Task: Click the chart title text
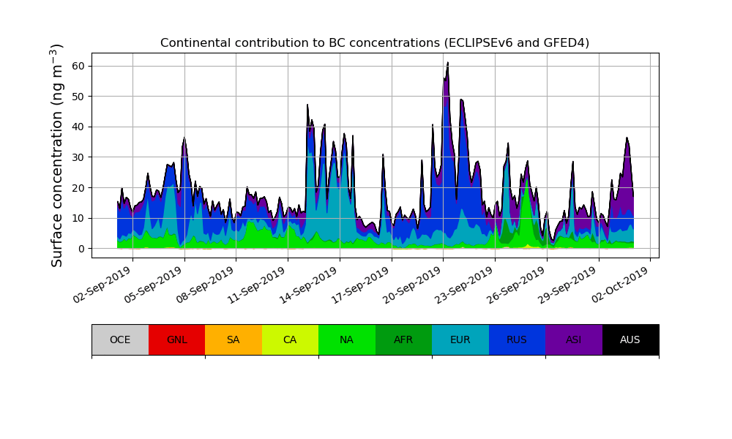[x=375, y=43]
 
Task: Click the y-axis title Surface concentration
[x=56, y=155]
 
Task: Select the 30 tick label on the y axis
[x=77, y=157]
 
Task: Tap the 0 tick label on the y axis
[x=80, y=249]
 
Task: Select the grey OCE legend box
[x=120, y=339]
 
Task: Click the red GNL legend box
[x=176, y=339]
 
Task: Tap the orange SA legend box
[x=234, y=339]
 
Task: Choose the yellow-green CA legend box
[x=290, y=339]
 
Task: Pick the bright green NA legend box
[x=347, y=339]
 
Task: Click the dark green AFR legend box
[x=403, y=339]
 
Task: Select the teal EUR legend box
[x=460, y=339]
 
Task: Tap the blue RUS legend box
[x=517, y=339]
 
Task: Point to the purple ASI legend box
[x=574, y=339]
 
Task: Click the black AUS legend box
[x=630, y=339]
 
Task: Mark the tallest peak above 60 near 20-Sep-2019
[x=448, y=63]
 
